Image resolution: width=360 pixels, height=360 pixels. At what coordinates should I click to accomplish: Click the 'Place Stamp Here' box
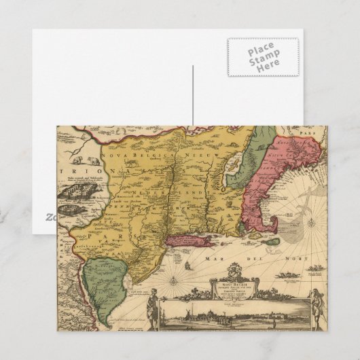tap(263, 57)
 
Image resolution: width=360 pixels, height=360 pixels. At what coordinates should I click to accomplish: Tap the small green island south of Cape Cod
tap(271, 241)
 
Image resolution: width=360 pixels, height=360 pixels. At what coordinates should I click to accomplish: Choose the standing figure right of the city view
tap(314, 302)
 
